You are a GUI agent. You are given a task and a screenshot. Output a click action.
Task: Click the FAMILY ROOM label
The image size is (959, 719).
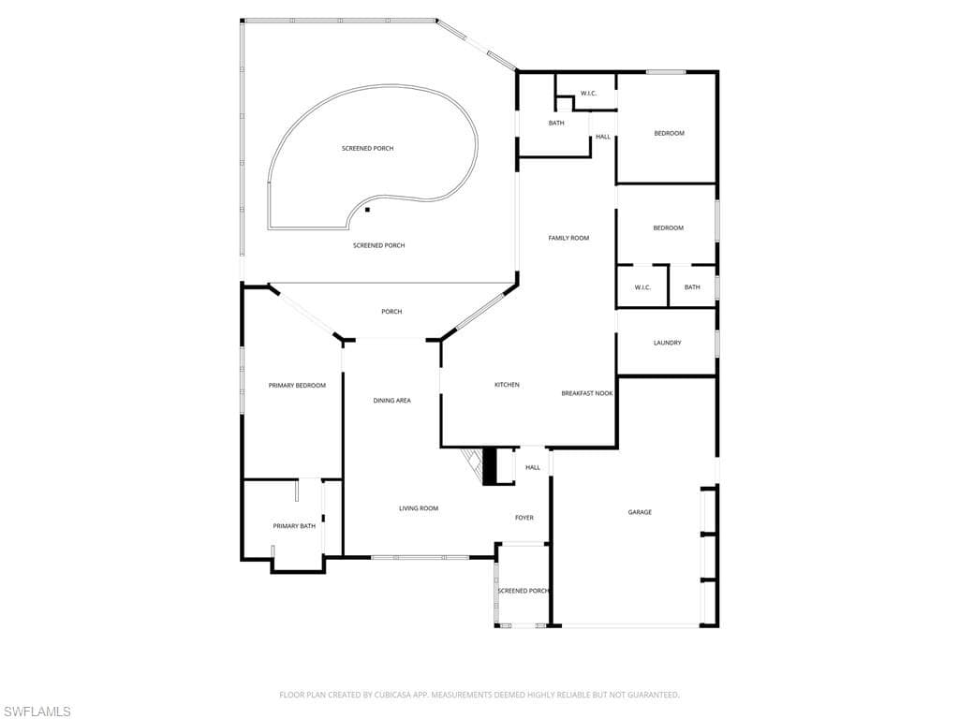(568, 238)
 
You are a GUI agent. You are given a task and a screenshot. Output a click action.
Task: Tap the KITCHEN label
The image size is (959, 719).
(507, 385)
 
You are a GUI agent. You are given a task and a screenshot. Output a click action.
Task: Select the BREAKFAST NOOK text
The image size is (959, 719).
(587, 393)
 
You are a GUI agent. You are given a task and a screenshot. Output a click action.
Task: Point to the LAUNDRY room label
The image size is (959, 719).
(667, 343)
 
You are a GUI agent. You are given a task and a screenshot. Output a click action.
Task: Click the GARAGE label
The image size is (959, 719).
(640, 512)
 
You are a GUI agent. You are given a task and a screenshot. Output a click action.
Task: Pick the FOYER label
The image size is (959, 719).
(524, 518)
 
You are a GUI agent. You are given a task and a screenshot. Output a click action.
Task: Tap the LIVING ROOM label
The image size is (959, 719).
(419, 508)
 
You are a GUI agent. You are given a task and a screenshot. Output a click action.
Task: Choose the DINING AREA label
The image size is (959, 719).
(391, 401)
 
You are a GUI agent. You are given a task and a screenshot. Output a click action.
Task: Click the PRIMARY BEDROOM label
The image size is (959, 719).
(297, 385)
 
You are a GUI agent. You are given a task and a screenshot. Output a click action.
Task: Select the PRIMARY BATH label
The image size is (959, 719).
(294, 526)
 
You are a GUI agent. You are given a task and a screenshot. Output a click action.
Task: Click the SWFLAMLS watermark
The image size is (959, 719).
(37, 712)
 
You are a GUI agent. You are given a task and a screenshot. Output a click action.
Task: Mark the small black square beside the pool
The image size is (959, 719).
(367, 210)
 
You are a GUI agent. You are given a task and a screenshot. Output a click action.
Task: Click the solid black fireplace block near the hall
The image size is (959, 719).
(488, 466)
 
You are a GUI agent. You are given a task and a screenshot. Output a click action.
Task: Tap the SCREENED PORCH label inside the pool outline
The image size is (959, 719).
(367, 149)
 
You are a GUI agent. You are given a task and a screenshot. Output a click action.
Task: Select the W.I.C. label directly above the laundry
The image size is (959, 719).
(642, 287)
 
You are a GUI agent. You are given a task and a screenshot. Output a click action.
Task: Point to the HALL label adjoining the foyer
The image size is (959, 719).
(533, 467)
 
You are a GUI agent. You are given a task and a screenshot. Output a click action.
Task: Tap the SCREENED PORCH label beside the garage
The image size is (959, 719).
(523, 591)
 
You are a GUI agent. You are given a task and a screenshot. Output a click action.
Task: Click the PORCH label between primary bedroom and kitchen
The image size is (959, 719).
(391, 312)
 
